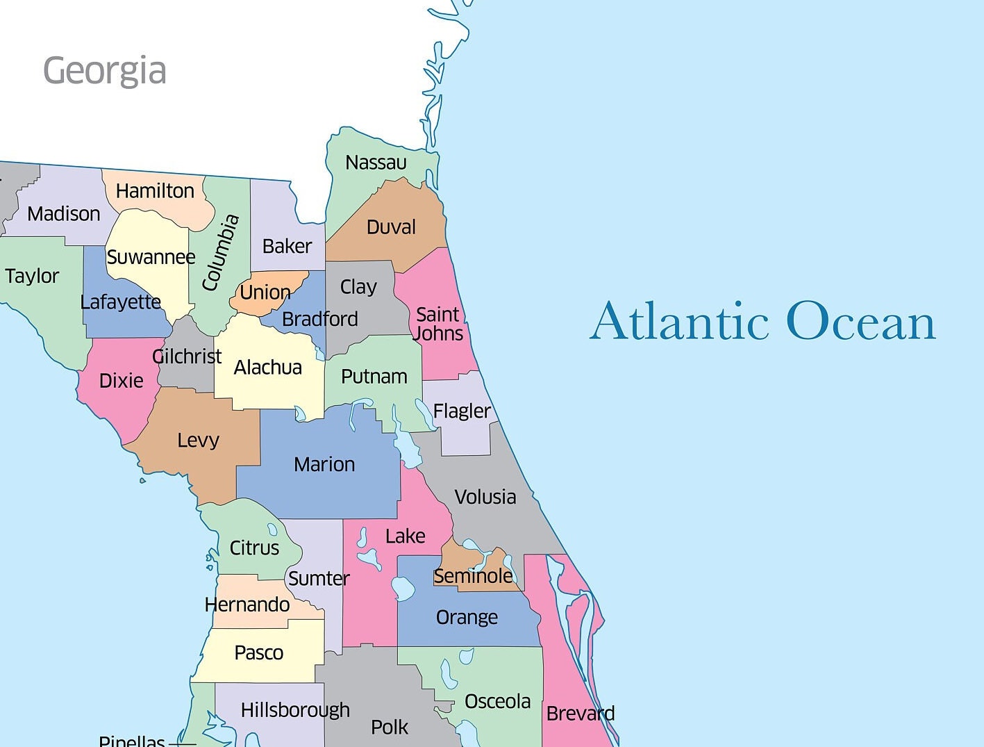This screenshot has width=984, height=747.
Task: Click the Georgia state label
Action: coord(105,71)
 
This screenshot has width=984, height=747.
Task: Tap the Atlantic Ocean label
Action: coord(762,321)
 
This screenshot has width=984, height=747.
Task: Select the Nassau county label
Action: coord(376,163)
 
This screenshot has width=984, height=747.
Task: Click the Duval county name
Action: coord(391,227)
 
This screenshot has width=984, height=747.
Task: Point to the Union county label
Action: coord(265,293)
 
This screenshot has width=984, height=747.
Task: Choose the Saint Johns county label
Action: coord(438,324)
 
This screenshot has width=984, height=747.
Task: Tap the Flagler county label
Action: coord(462,411)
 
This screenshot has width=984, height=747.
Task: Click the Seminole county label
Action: coord(473,576)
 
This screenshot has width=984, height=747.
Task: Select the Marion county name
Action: coord(324,464)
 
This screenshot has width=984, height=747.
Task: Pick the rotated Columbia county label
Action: coord(221,253)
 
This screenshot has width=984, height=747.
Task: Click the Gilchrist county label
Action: coord(187,356)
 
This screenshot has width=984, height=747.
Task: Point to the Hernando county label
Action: coord(247,605)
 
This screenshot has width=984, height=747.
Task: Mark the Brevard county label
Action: coord(581,714)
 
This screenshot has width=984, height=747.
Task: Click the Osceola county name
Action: coord(497,702)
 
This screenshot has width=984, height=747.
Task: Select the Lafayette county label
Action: coord(121,302)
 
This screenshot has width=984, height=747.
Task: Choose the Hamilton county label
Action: coord(155,191)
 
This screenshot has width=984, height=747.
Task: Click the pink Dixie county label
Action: coord(122,381)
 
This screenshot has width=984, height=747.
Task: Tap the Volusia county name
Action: coord(485,497)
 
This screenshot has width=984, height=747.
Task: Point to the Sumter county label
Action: coord(319,578)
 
